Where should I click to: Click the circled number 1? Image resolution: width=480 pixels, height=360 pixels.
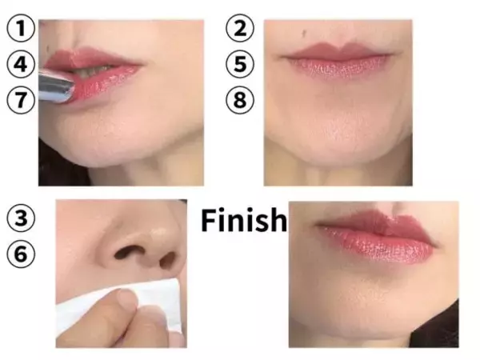point(21,28)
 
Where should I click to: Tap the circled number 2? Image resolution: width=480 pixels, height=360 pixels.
point(240,28)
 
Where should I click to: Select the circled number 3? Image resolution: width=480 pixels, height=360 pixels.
point(21,218)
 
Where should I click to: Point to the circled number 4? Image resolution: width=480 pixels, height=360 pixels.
point(21,64)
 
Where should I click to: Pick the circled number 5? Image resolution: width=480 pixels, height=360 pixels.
point(240,64)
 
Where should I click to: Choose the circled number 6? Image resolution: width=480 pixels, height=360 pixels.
point(21,254)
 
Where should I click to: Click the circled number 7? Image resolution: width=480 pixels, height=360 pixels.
point(21,100)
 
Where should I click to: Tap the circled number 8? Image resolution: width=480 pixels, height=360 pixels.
point(240,100)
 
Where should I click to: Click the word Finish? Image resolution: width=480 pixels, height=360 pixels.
point(244,220)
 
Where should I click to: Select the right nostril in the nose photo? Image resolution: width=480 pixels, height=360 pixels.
point(168,259)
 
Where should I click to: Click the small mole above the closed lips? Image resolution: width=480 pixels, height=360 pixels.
point(304,32)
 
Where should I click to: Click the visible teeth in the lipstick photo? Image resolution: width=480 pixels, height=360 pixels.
point(92,71)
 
